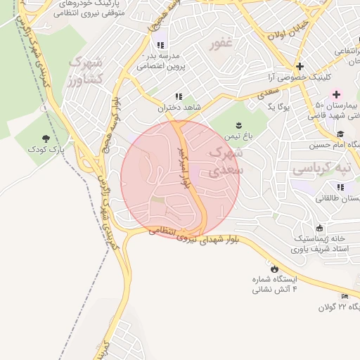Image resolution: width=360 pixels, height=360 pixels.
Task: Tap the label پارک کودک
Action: pos(46,150)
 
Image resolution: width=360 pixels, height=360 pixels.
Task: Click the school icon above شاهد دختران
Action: pos(178,96)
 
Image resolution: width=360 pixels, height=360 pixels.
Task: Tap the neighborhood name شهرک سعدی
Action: pos(227,160)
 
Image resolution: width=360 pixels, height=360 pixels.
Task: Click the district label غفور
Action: pos(221,44)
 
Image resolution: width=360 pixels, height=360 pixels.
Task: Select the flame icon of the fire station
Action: pos(274,269)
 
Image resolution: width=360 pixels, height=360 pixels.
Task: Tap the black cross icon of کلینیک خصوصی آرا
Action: pos(300,65)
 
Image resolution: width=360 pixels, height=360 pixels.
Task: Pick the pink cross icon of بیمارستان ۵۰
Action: pos(337,94)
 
